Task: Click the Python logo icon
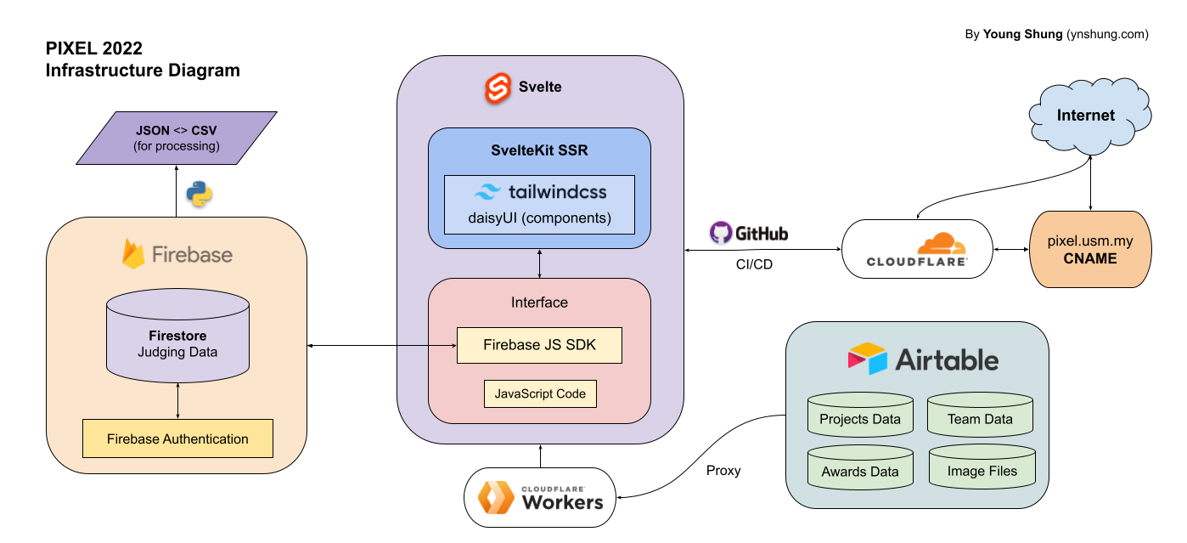click(x=200, y=194)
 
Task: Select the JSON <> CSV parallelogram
click(x=177, y=138)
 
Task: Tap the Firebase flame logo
click(x=133, y=254)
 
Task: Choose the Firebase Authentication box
click(x=177, y=438)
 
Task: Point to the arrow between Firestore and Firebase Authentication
click(x=177, y=400)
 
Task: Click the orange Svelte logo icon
click(x=498, y=88)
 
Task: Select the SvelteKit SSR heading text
click(x=539, y=150)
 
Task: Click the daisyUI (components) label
click(x=539, y=218)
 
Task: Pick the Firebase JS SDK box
click(x=539, y=345)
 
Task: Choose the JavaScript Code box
click(x=540, y=393)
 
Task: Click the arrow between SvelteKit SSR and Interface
click(x=540, y=263)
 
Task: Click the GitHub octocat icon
click(x=721, y=233)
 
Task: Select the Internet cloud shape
click(x=1085, y=116)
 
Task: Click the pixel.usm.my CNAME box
click(x=1090, y=250)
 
